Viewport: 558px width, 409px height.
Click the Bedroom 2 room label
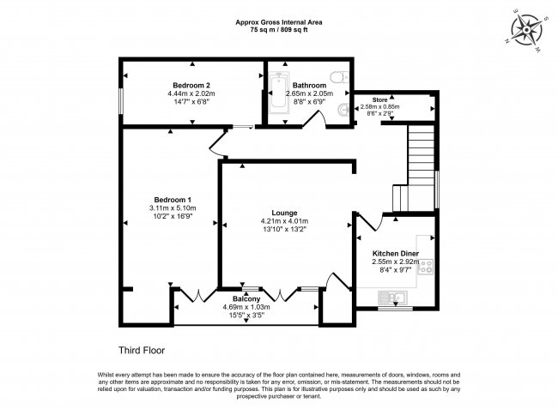pyautogui.click(x=191, y=85)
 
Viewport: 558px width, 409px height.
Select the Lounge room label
pyautogui.click(x=284, y=213)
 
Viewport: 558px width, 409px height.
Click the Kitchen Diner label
pyautogui.click(x=396, y=254)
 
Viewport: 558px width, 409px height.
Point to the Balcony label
pyautogui.click(x=246, y=298)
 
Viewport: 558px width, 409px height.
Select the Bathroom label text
pyautogui.click(x=308, y=86)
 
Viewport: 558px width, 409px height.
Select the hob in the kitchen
pyautogui.click(x=425, y=267)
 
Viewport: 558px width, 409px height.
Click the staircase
pyautogui.click(x=420, y=167)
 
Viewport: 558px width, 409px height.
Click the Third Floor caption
pyautogui.click(x=141, y=350)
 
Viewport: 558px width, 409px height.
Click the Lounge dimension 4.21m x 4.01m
pyautogui.click(x=284, y=221)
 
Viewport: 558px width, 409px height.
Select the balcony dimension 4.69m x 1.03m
pyautogui.click(x=246, y=307)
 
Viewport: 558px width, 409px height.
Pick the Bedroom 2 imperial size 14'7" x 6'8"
pyautogui.click(x=191, y=102)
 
